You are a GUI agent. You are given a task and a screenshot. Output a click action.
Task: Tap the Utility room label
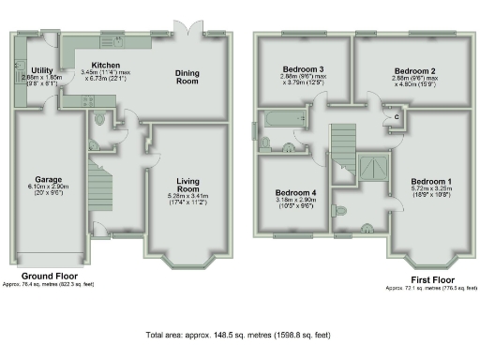tap(41, 70)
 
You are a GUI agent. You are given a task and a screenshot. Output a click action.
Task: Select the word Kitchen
tap(104, 66)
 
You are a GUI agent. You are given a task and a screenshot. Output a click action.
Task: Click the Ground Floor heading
tap(39, 276)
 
